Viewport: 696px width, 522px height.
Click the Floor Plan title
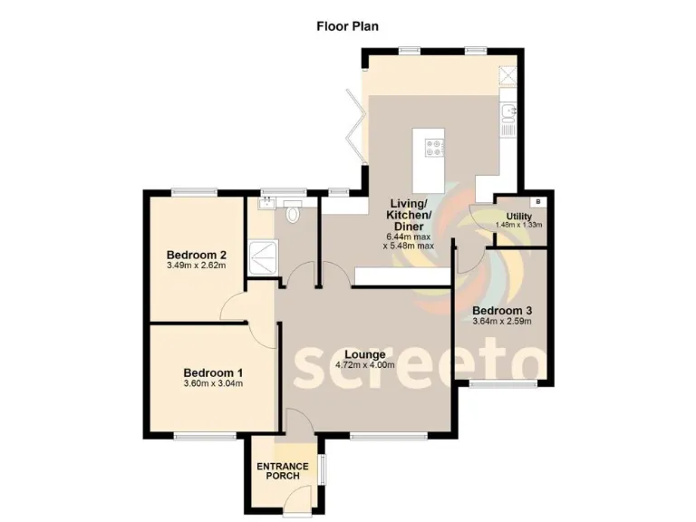pyautogui.click(x=347, y=25)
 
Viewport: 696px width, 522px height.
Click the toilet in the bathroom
pyautogui.click(x=292, y=216)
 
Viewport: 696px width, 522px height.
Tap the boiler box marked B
pyautogui.click(x=538, y=200)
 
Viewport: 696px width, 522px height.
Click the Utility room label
pyautogui.click(x=518, y=216)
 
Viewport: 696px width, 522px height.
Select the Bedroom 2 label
pyautogui.click(x=196, y=255)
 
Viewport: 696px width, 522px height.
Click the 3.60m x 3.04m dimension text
pyautogui.click(x=212, y=383)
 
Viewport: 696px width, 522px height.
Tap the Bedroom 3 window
pyautogui.click(x=501, y=385)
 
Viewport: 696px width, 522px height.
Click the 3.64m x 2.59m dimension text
pyautogui.click(x=501, y=321)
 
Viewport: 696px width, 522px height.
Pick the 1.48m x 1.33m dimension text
pyautogui.click(x=518, y=225)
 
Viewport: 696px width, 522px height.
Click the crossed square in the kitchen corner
pyautogui.click(x=509, y=76)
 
